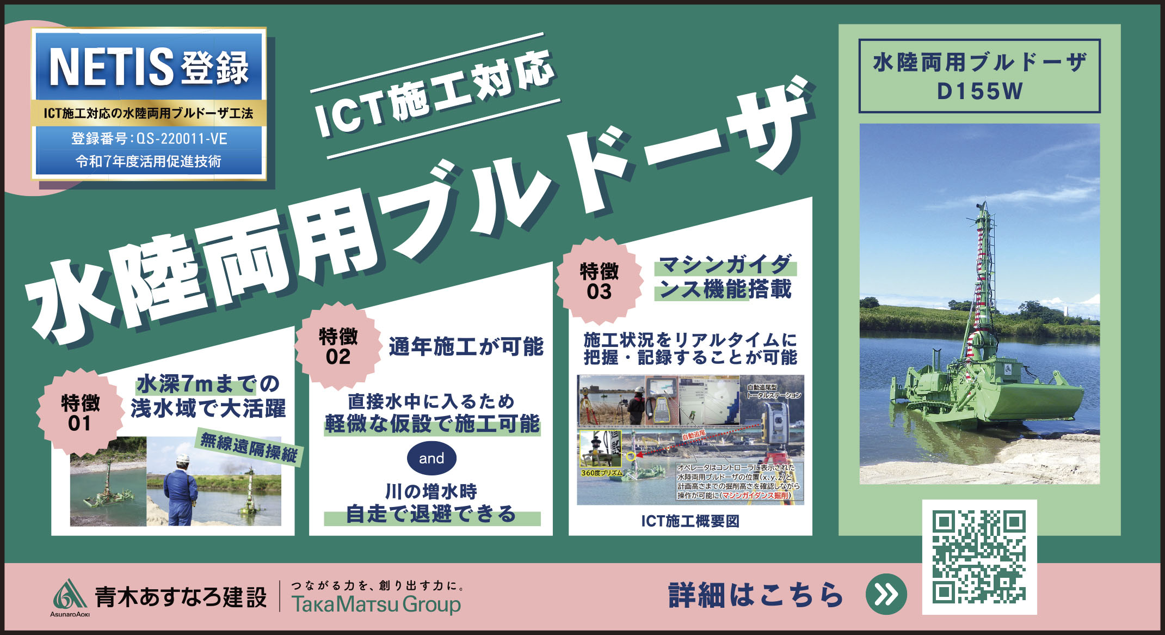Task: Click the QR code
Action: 979,557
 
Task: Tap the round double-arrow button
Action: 886,594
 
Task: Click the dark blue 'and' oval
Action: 432,458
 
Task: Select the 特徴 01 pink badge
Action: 81,412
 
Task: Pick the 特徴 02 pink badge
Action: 338,346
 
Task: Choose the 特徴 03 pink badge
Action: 599,280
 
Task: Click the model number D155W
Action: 979,91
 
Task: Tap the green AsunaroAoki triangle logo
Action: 70,594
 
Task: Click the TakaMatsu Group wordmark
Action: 376,605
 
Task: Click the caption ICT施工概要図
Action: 690,521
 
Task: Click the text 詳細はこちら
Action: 756,595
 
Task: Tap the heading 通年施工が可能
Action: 466,346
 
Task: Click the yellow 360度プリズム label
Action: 601,473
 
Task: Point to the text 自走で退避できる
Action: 432,514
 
